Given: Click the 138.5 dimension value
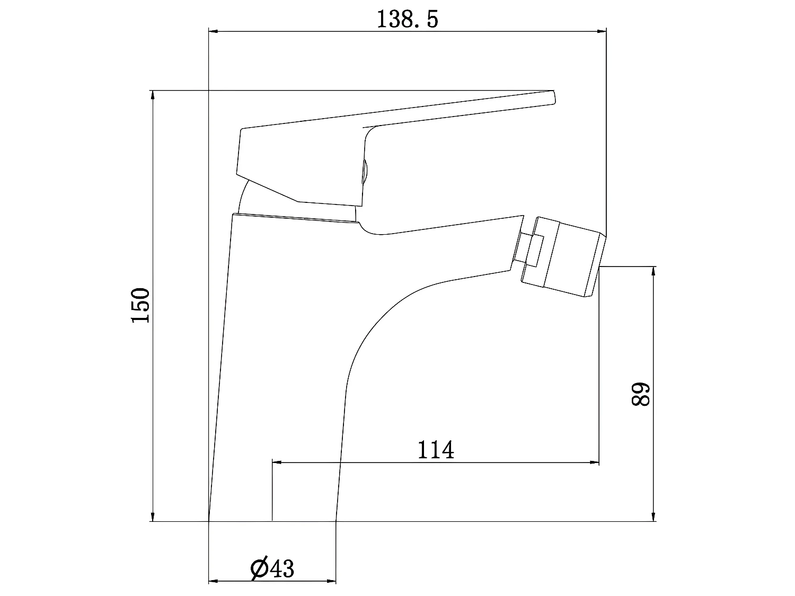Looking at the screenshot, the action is click(408, 19).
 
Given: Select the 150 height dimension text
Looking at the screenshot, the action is click(140, 305).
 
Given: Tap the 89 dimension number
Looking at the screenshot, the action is click(641, 394).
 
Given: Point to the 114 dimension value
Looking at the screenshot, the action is click(436, 450).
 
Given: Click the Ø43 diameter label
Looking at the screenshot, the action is click(272, 568).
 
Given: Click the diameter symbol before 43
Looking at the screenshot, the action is click(259, 568).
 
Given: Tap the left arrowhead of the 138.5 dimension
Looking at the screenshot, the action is click(214, 31).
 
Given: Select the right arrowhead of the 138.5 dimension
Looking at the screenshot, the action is click(602, 31).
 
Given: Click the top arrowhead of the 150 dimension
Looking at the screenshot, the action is click(153, 95).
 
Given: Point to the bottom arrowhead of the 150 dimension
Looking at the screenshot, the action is click(153, 517).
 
